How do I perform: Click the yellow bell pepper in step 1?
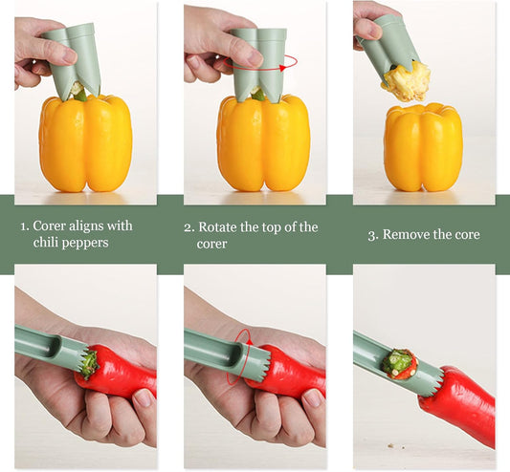point(85,143)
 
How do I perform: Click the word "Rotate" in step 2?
point(220,227)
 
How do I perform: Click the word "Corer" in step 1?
point(52,226)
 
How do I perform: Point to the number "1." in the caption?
point(25,226)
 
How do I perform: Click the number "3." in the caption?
point(373,235)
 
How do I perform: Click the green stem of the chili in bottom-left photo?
point(89,363)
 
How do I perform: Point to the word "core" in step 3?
point(462,235)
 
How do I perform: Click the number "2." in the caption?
point(188,227)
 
